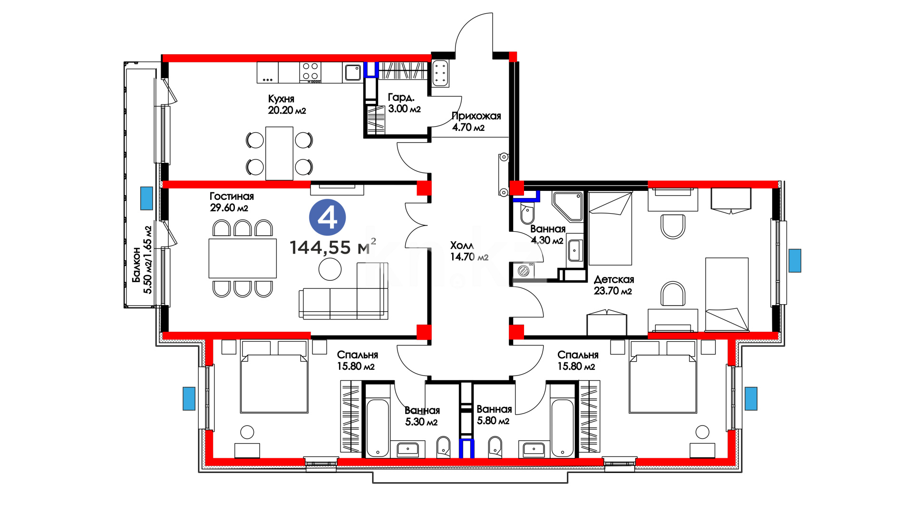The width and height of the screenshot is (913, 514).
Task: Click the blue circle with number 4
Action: tap(327, 217)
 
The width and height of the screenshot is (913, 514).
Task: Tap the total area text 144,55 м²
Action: tap(333, 247)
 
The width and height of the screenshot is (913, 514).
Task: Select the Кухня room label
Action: tap(281, 99)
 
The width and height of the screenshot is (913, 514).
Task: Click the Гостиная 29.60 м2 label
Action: tap(232, 202)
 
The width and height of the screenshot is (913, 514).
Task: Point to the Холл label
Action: tap(462, 246)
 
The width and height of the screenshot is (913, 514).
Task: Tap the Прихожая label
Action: tap(476, 116)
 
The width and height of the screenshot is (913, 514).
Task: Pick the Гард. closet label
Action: tap(401, 97)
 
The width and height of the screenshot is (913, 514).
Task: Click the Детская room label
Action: tap(614, 279)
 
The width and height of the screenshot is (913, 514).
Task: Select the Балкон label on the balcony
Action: tap(136, 265)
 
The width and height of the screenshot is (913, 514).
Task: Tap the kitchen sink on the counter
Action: tap(352, 72)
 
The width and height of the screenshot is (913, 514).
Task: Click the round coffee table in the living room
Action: tap(330, 269)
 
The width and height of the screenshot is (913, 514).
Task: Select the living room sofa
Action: tap(343, 295)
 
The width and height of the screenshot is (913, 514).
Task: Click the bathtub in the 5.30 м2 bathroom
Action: tap(378, 428)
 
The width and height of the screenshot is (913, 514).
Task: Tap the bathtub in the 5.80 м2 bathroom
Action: tap(563, 428)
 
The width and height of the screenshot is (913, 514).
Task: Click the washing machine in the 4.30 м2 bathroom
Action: tap(523, 270)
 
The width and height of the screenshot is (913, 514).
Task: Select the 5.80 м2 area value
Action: tap(493, 421)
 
